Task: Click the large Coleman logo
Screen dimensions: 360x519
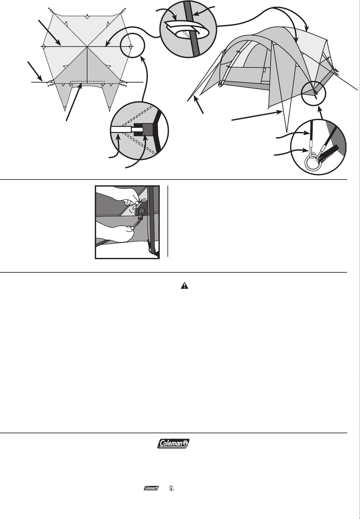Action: [x=174, y=444]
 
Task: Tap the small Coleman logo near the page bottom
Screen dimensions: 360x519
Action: [x=150, y=488]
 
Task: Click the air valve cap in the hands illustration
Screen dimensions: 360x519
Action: [x=141, y=212]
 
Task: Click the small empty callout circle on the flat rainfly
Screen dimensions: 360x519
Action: [x=133, y=46]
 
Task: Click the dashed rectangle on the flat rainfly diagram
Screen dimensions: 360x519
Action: [x=87, y=82]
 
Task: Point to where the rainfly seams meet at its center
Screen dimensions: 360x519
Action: [x=87, y=47]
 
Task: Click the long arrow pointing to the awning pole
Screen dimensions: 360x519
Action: [x=257, y=116]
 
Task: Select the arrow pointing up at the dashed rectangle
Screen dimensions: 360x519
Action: [x=74, y=102]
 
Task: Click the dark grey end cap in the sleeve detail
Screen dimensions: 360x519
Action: [x=148, y=129]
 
